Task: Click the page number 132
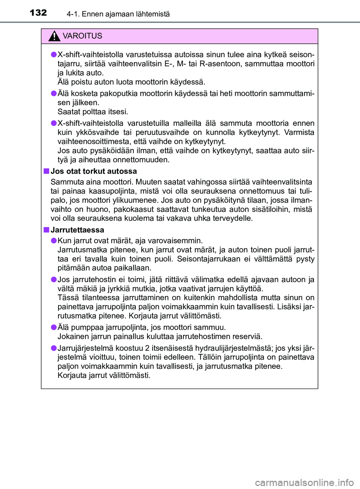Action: pyautogui.click(x=38, y=13)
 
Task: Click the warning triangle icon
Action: pyautogui.click(x=54, y=36)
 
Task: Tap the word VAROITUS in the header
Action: pyautogui.click(x=82, y=36)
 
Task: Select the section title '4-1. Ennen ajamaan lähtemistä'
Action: pyautogui.click(x=118, y=14)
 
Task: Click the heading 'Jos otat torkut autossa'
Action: pyautogui.click(x=94, y=171)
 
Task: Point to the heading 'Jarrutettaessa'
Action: pyautogui.click(x=77, y=230)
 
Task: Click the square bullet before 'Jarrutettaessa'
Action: pyautogui.click(x=46, y=230)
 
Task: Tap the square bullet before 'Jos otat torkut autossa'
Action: pyautogui.click(x=46, y=171)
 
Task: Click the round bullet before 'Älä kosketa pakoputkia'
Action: pyautogui.click(x=54, y=93)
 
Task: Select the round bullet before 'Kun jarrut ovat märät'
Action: pyautogui.click(x=54, y=241)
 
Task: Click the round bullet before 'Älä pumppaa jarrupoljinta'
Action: pyautogui.click(x=54, y=327)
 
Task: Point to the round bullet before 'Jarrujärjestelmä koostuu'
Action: pyautogui.click(x=54, y=348)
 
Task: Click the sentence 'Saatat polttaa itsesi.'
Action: pyautogui.click(x=93, y=112)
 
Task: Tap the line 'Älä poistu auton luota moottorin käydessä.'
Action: pyautogui.click(x=131, y=82)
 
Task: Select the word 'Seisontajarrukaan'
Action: pyautogui.click(x=208, y=259)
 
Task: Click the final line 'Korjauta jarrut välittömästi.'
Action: pyautogui.click(x=104, y=375)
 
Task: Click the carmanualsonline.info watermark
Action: pyautogui.click(x=304, y=483)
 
